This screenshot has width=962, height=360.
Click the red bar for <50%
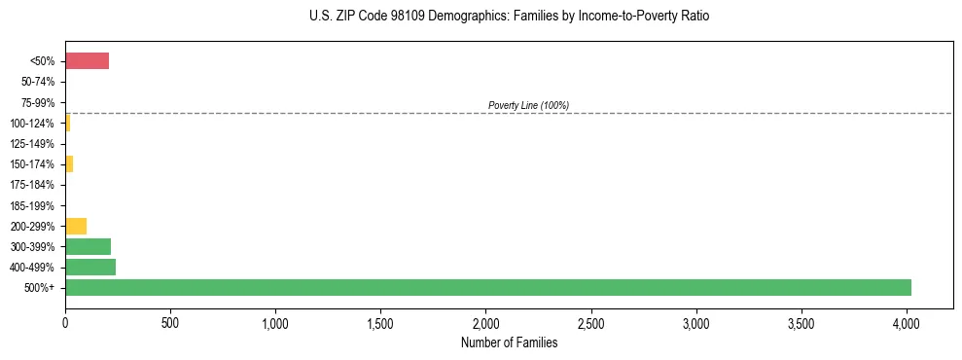click(x=87, y=61)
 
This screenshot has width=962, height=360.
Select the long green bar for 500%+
click(x=487, y=287)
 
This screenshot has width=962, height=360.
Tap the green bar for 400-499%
click(x=90, y=267)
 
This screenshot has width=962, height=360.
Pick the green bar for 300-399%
click(x=88, y=246)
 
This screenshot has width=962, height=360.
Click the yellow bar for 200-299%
click(x=76, y=226)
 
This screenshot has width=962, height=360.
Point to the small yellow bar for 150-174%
click(x=69, y=163)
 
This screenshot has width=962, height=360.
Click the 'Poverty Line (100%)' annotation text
click(x=528, y=105)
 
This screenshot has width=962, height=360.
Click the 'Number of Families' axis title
click(x=509, y=342)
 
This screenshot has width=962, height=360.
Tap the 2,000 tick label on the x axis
click(x=486, y=321)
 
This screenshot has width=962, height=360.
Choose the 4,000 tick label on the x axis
click(x=907, y=321)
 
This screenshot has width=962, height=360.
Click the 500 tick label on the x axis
click(x=170, y=321)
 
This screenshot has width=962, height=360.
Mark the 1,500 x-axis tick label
click(x=381, y=321)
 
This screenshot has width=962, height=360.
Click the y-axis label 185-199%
click(x=36, y=205)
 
